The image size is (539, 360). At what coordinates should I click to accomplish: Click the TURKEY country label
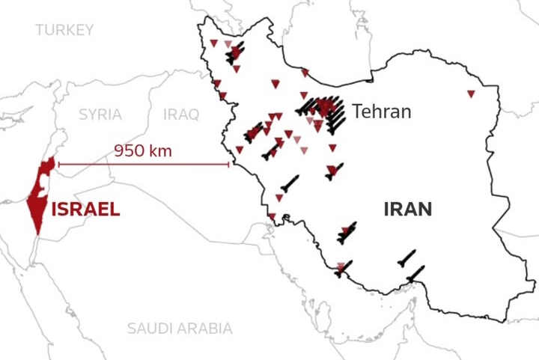[64, 30]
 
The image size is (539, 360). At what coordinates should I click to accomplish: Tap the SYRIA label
[100, 115]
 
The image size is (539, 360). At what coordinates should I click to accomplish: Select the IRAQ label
[181, 115]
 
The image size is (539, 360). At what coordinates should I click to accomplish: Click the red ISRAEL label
[85, 210]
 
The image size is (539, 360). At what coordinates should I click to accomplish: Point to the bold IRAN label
[407, 210]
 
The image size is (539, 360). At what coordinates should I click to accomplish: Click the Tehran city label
[382, 112]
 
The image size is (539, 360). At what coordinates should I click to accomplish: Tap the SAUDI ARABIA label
[180, 328]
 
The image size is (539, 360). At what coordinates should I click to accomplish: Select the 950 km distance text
[143, 150]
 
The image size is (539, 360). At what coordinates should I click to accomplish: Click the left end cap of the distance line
[58, 165]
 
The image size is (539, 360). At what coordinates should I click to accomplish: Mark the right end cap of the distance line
[229, 165]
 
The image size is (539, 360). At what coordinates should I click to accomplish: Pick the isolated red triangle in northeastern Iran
[471, 94]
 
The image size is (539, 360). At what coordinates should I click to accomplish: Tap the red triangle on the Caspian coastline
[305, 73]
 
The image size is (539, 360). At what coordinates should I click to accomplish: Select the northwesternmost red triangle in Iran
[213, 42]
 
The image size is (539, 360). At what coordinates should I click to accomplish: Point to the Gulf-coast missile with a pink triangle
[343, 268]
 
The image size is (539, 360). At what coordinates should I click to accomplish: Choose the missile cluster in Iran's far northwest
[235, 53]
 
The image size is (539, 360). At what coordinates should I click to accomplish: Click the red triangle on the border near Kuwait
[272, 217]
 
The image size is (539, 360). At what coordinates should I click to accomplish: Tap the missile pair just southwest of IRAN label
[346, 234]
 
